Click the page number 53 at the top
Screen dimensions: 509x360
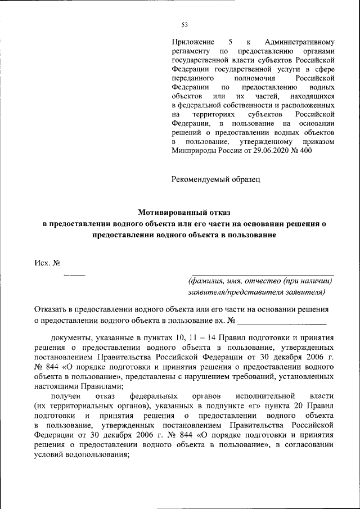click(x=184, y=24)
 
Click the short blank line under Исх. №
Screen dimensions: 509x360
click(x=74, y=276)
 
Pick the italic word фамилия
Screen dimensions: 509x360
click(x=206, y=281)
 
